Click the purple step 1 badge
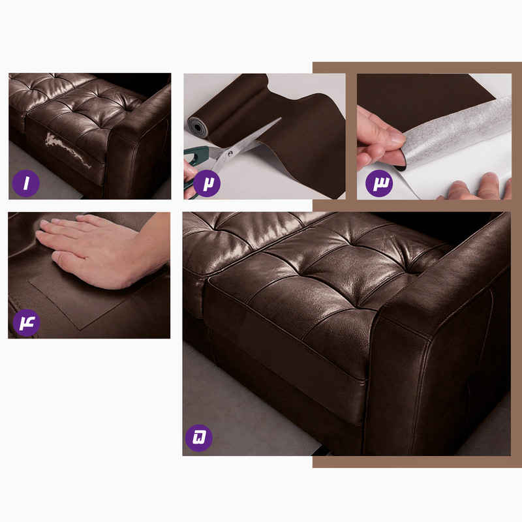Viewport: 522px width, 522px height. tap(26, 183)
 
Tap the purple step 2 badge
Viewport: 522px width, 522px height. tap(207, 183)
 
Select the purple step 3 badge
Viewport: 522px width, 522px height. tap(379, 183)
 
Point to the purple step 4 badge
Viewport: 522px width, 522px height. tap(27, 322)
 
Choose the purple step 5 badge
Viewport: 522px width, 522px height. tap(199, 438)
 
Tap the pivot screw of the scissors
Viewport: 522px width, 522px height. tap(230, 153)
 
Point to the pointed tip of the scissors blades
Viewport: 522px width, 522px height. tap(281, 118)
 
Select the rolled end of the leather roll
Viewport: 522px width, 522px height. tap(197, 127)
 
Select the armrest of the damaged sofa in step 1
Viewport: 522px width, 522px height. tap(140, 140)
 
